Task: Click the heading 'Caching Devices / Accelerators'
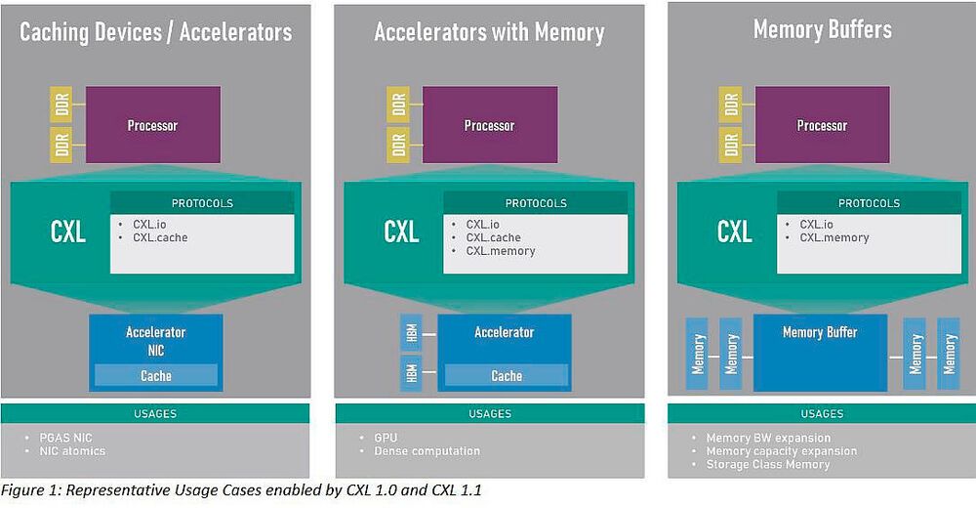pyautogui.click(x=155, y=31)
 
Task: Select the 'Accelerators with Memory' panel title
pyautogui.click(x=489, y=31)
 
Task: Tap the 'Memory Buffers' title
pyautogui.click(x=822, y=29)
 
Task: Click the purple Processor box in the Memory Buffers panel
pyautogui.click(x=822, y=125)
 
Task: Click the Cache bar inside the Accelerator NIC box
pyautogui.click(x=155, y=375)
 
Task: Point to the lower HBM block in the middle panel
pyautogui.click(x=410, y=374)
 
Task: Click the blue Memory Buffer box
pyautogui.click(x=820, y=352)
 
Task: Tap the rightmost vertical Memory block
pyautogui.click(x=948, y=353)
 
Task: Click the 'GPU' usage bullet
pyautogui.click(x=385, y=438)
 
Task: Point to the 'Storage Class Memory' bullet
pyautogui.click(x=767, y=464)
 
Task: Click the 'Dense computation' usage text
pyautogui.click(x=427, y=451)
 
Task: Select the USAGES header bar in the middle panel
pyautogui.click(x=489, y=413)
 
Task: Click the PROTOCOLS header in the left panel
pyautogui.click(x=202, y=203)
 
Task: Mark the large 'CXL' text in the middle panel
pyautogui.click(x=401, y=233)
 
